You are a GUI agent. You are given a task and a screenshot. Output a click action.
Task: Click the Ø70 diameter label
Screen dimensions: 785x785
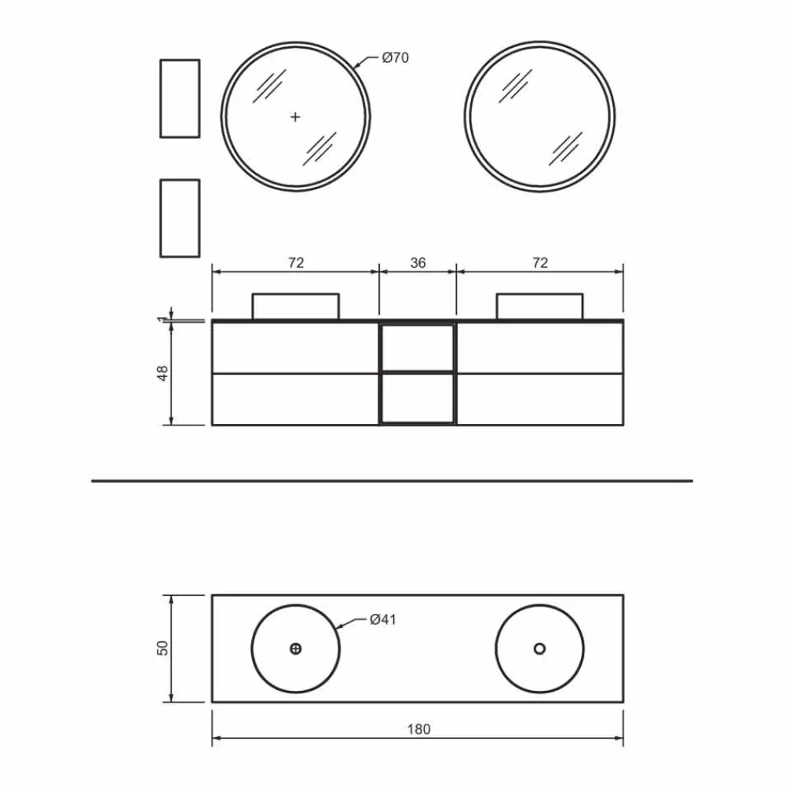[395, 58]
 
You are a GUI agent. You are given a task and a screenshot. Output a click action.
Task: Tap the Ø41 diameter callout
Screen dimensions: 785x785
[383, 620]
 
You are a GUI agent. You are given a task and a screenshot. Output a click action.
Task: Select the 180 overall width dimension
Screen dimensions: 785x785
[418, 729]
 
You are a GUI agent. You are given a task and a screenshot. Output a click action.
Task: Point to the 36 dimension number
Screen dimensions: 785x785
[418, 263]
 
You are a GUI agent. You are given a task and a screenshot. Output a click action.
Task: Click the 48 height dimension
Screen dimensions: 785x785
[163, 373]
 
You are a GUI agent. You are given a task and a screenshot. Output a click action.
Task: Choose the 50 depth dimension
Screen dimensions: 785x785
[163, 648]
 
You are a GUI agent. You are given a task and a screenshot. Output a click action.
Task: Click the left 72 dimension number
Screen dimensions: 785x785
[296, 263]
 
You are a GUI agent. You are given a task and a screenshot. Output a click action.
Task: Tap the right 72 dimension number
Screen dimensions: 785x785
[540, 263]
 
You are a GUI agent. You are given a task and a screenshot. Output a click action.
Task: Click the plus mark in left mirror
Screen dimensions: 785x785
[295, 117]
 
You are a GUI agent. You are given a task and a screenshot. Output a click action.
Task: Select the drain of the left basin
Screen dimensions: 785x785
[295, 649]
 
